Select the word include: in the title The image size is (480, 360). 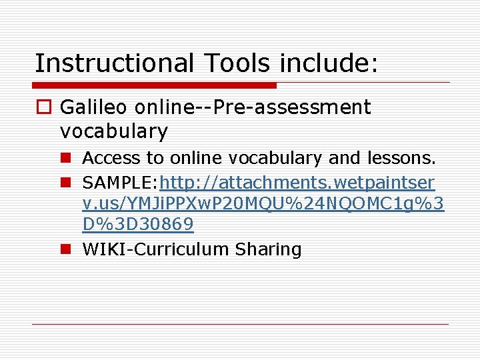coord(329,63)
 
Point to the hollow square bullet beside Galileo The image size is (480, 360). coord(45,107)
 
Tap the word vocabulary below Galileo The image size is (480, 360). coord(113,131)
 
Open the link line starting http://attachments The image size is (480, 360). coord(297,181)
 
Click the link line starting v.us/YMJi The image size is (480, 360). coord(263,203)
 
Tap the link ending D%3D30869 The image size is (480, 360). coord(138,225)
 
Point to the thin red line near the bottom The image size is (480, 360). coord(240,325)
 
